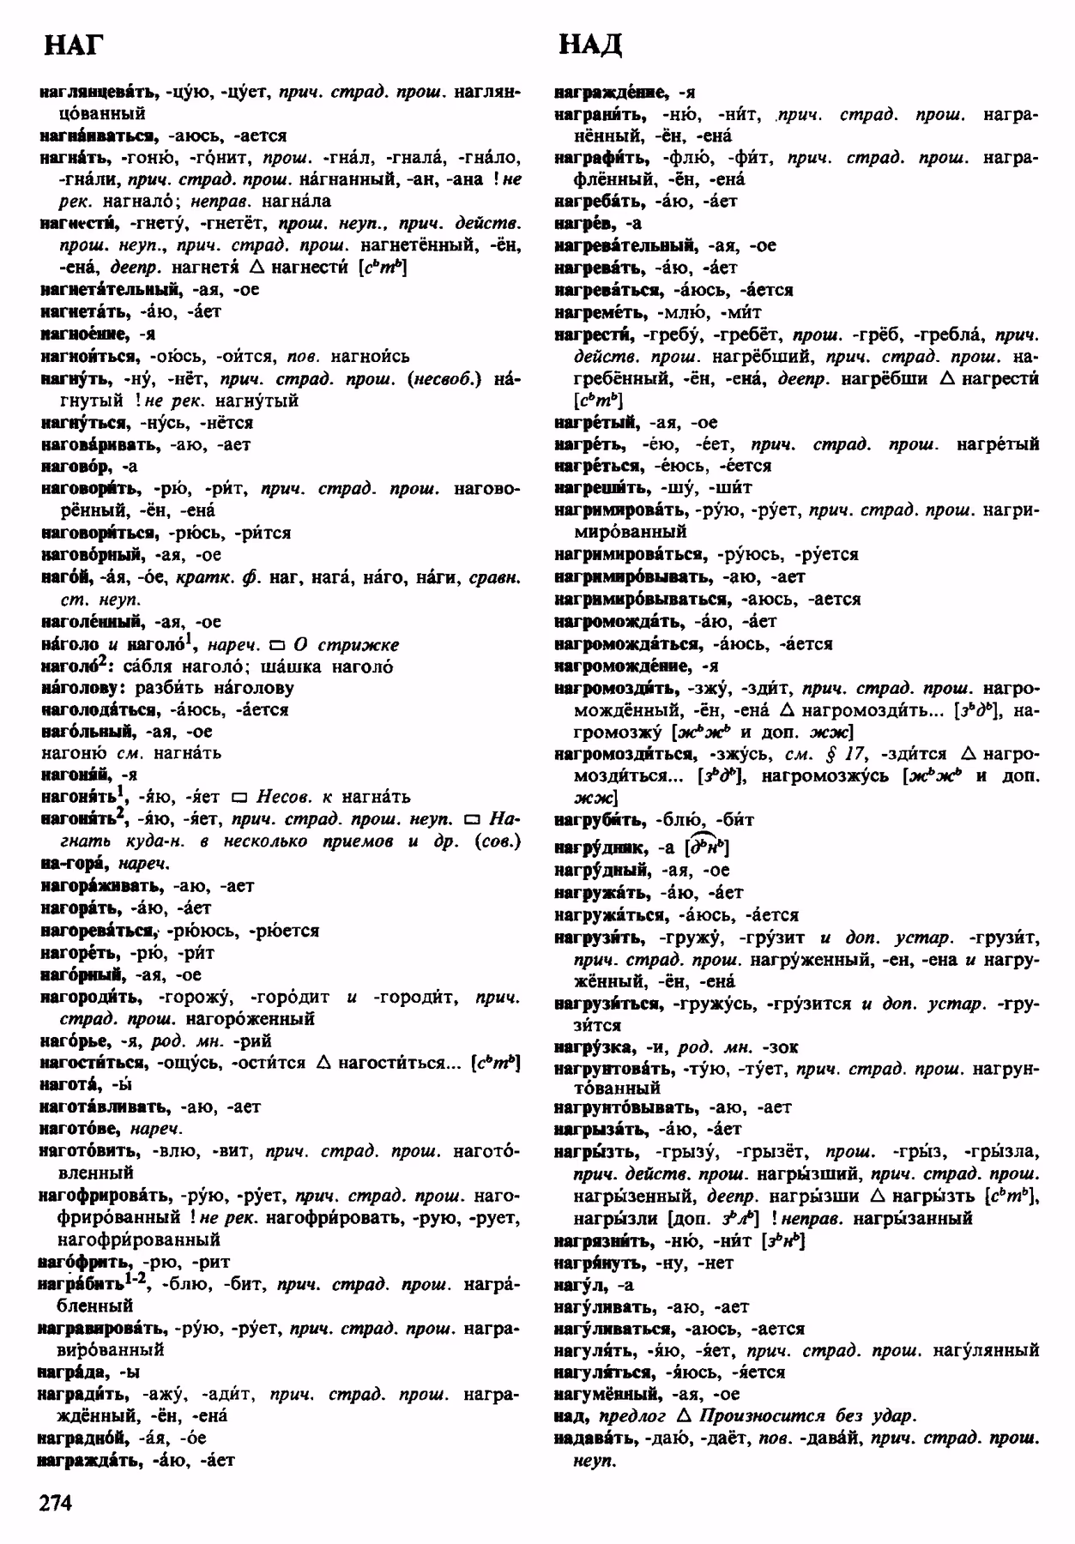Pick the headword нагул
pyautogui.click(x=580, y=1285)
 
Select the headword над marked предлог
pyautogui.click(x=571, y=1416)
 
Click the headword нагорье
pyautogui.click(x=74, y=1041)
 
